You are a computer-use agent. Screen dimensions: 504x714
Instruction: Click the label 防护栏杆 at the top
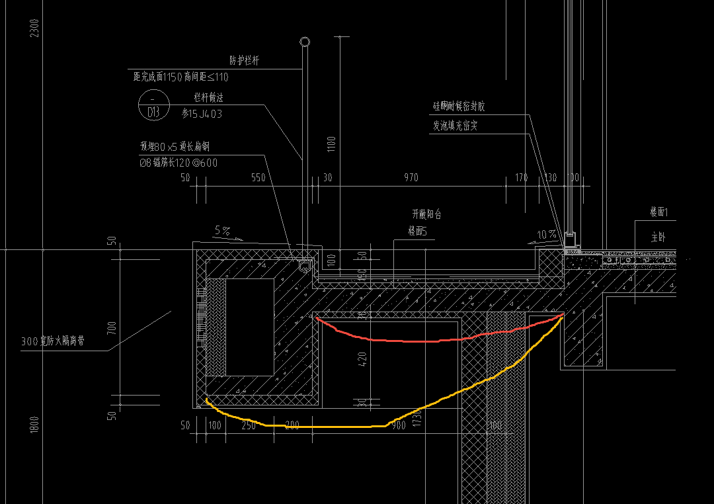[x=244, y=60]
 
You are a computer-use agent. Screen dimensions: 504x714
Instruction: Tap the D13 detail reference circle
[x=153, y=106]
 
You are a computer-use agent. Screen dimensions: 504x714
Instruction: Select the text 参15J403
[x=202, y=114]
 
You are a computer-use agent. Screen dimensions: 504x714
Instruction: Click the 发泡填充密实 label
[x=455, y=126]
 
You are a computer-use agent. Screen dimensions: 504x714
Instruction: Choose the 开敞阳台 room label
[x=426, y=214]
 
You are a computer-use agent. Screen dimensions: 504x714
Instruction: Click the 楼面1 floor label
[x=659, y=212]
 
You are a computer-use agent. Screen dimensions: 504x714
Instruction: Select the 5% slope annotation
[x=222, y=231]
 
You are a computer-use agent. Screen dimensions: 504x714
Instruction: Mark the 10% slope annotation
[x=546, y=234]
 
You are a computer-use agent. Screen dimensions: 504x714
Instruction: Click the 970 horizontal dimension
[x=411, y=178]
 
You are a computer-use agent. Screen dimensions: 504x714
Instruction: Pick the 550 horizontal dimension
[x=258, y=178]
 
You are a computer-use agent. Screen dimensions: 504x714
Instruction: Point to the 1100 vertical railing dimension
[x=332, y=145]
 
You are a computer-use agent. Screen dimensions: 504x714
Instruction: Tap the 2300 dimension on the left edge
[x=35, y=28]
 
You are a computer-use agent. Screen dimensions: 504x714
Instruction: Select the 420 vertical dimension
[x=362, y=360]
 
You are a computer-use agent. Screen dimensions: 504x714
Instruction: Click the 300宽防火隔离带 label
[x=52, y=341]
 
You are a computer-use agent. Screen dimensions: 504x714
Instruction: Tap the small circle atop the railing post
[x=304, y=42]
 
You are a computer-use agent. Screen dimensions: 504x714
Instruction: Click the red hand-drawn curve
[x=423, y=341]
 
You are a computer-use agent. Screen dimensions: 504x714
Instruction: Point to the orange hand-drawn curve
[x=317, y=427]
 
